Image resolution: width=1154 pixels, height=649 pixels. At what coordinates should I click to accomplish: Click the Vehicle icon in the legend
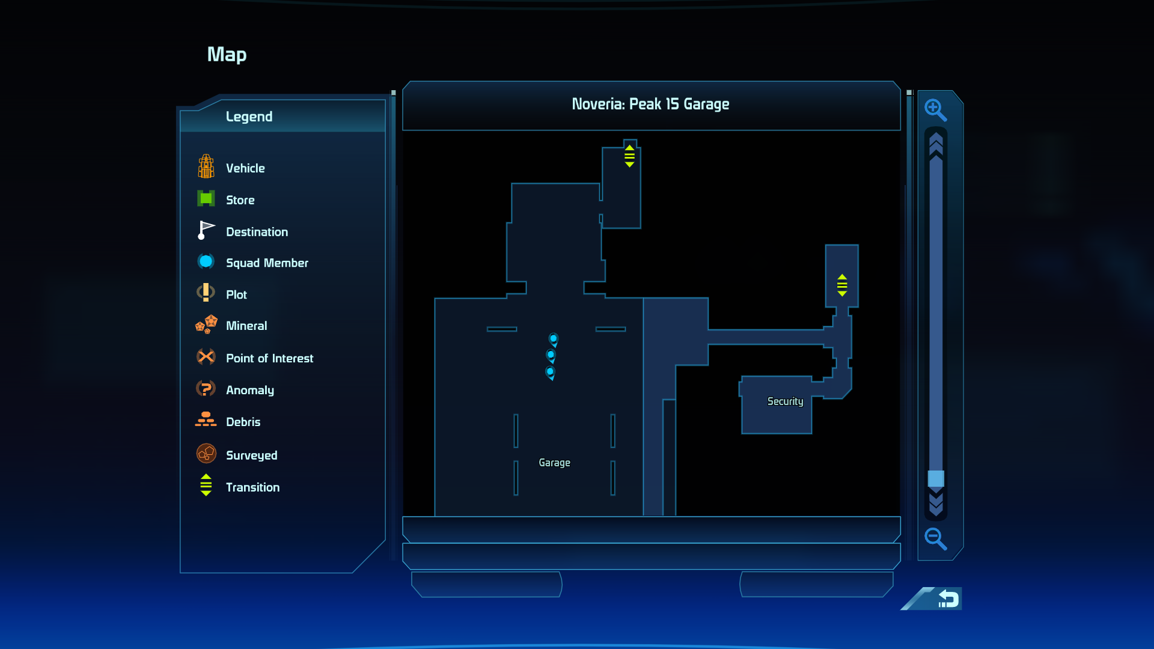[x=206, y=166]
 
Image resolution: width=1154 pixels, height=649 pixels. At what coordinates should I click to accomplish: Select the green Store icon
[x=206, y=198]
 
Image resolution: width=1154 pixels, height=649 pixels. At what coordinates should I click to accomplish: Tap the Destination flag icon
[x=206, y=230]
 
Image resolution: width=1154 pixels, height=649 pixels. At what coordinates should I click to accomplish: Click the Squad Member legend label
[x=267, y=263]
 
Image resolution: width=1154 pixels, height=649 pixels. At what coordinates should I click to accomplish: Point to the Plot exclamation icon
[x=206, y=293]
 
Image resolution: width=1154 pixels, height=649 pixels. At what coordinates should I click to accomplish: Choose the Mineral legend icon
[x=206, y=324]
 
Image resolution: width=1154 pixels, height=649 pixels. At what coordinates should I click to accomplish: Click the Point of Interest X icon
[x=206, y=357]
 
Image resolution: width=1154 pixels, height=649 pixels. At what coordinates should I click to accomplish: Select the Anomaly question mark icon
[x=206, y=388]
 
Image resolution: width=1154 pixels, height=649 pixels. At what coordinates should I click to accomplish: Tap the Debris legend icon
[x=206, y=419]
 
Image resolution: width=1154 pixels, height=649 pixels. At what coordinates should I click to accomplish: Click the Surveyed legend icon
[x=206, y=453]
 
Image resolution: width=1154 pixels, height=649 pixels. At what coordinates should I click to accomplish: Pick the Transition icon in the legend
[x=206, y=485]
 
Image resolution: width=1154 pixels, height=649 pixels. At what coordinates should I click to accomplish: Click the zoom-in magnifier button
[x=935, y=110]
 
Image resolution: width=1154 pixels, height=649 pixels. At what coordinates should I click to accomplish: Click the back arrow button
[x=948, y=599]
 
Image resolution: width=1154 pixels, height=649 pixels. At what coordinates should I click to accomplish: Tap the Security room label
[x=785, y=401]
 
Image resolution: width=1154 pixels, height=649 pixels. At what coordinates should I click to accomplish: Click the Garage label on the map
[x=554, y=463]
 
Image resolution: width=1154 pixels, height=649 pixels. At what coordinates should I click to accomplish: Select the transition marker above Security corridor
[x=842, y=285]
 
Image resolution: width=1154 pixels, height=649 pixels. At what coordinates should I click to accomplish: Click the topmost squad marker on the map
[x=554, y=340]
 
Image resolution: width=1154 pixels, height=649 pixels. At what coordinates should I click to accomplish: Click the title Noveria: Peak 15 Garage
[x=650, y=105]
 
